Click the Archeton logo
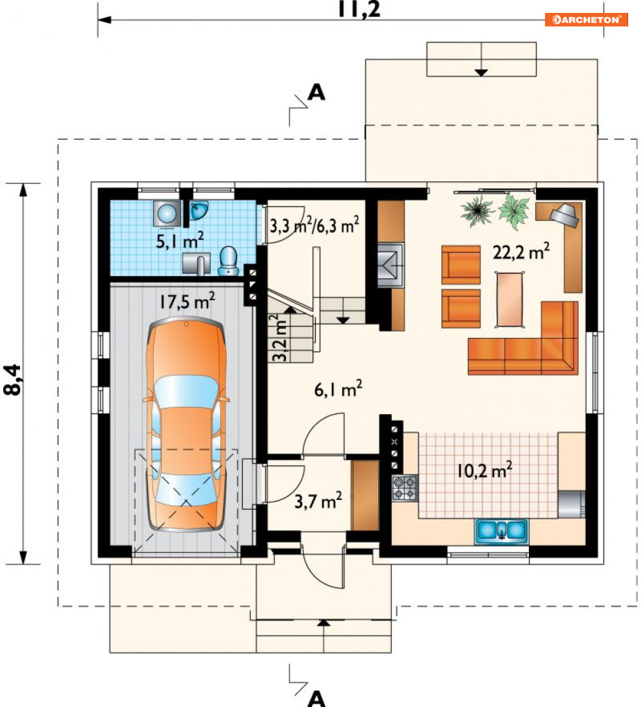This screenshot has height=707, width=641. tap(586, 19)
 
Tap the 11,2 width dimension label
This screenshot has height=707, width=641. tap(359, 9)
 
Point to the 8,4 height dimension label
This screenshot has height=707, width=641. tap(12, 380)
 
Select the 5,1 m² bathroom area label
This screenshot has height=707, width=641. tap(180, 241)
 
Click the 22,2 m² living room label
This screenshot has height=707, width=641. tap(521, 251)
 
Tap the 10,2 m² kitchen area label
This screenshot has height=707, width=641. tap(484, 470)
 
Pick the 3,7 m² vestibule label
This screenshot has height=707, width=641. tap(318, 501)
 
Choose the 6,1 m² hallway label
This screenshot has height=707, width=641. tap(338, 389)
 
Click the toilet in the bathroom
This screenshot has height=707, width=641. tap(229, 261)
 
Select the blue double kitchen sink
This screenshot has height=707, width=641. tap(501, 531)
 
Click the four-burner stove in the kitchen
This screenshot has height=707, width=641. tap(405, 488)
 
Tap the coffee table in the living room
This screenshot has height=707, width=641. tap(510, 299)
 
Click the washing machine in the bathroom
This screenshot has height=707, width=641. tap(167, 214)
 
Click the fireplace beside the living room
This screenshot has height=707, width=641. tap(390, 265)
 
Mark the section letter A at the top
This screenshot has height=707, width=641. tap(316, 92)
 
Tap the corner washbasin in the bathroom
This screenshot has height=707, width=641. tap(198, 210)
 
